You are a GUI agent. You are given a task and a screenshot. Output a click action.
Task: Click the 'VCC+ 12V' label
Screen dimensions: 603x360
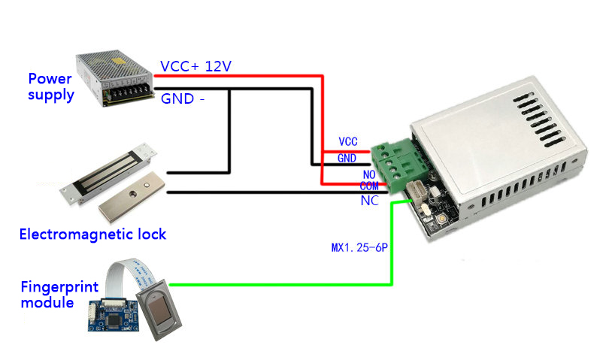pos(195,66)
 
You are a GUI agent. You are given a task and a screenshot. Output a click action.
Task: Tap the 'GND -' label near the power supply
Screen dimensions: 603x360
pos(182,99)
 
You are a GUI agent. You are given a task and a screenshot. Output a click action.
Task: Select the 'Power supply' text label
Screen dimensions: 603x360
pos(50,87)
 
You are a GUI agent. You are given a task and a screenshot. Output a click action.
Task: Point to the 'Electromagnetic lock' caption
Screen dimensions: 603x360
pos(92,234)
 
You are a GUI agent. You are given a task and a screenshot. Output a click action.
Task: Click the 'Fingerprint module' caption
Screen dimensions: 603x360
pos(59,295)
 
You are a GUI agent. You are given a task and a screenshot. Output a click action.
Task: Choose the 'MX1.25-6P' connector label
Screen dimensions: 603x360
pos(359,247)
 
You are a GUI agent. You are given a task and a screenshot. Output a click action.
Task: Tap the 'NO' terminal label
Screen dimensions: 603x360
pos(369,175)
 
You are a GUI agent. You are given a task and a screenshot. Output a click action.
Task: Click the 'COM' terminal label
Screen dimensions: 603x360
pos(369,186)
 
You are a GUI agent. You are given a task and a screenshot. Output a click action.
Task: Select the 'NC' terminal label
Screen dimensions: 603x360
pos(370,201)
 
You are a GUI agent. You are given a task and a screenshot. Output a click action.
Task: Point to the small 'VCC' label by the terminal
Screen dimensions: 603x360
pos(348,141)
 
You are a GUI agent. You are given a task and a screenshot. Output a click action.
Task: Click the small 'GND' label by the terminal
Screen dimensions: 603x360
pos(347,158)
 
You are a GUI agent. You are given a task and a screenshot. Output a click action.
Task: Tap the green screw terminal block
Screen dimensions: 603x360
pos(400,166)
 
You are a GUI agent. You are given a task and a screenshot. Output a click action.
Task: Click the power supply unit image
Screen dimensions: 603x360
pos(114,78)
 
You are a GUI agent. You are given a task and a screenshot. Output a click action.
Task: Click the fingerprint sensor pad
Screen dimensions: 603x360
pos(159,310)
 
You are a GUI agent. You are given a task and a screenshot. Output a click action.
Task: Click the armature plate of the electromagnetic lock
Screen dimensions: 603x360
pos(132,197)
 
